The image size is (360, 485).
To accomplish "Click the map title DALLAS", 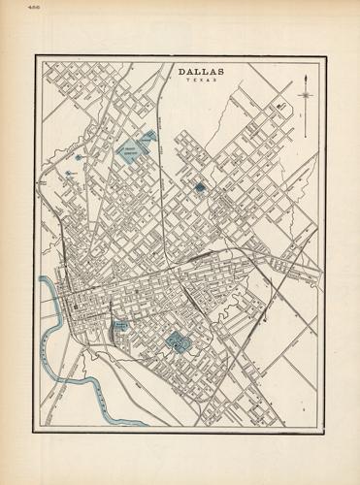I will click(200, 71).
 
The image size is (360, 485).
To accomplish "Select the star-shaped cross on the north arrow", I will click(308, 95).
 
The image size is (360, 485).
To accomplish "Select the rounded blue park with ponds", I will click(178, 340).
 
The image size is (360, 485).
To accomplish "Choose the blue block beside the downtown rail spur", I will click(120, 326).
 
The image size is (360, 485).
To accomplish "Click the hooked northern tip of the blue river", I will click(42, 280).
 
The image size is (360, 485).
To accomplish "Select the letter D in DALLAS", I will click(180, 71).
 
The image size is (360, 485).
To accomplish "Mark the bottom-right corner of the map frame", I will click(322, 428).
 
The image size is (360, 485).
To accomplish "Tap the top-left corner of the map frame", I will click(38, 55).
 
